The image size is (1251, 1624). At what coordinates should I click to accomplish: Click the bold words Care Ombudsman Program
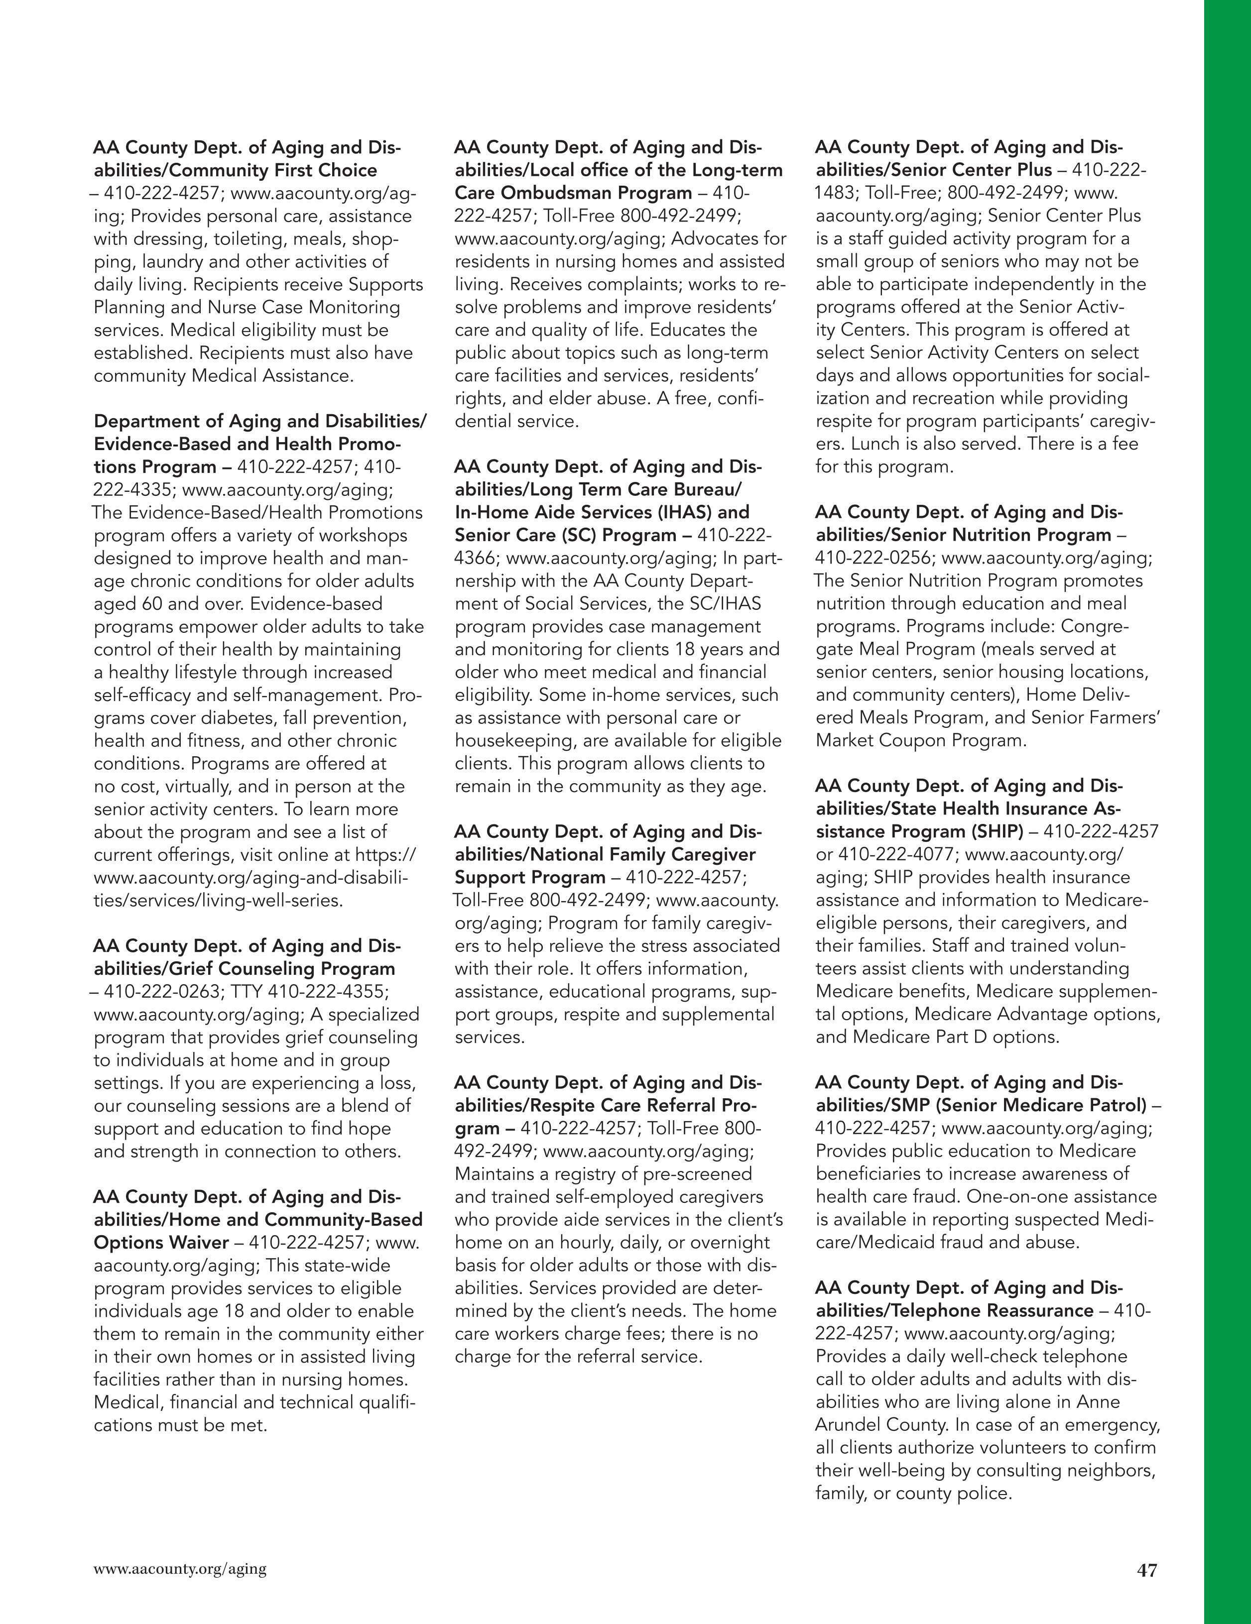[x=573, y=193]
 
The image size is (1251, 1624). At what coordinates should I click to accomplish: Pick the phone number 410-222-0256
[x=873, y=558]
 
